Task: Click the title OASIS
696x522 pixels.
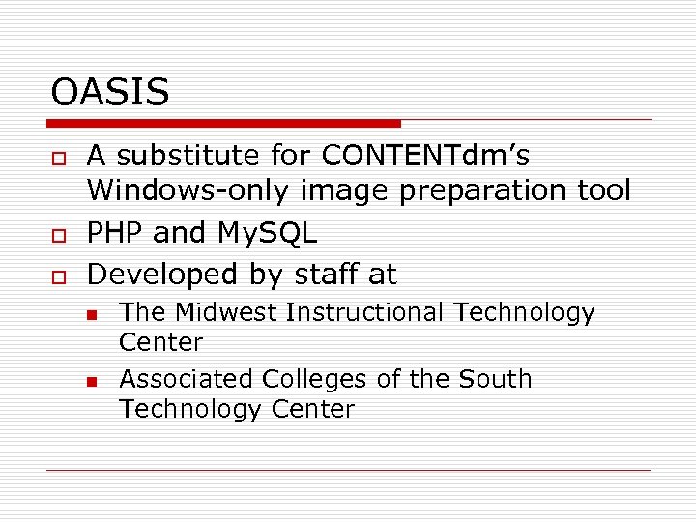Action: pyautogui.click(x=110, y=93)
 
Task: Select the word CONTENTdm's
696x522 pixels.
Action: pyautogui.click(x=425, y=156)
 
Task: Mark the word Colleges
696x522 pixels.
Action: pyautogui.click(x=305, y=379)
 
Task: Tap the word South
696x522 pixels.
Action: pyautogui.click(x=497, y=379)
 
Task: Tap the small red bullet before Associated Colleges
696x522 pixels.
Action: pyautogui.click(x=91, y=381)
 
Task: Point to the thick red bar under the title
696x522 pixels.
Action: pyautogui.click(x=223, y=123)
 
